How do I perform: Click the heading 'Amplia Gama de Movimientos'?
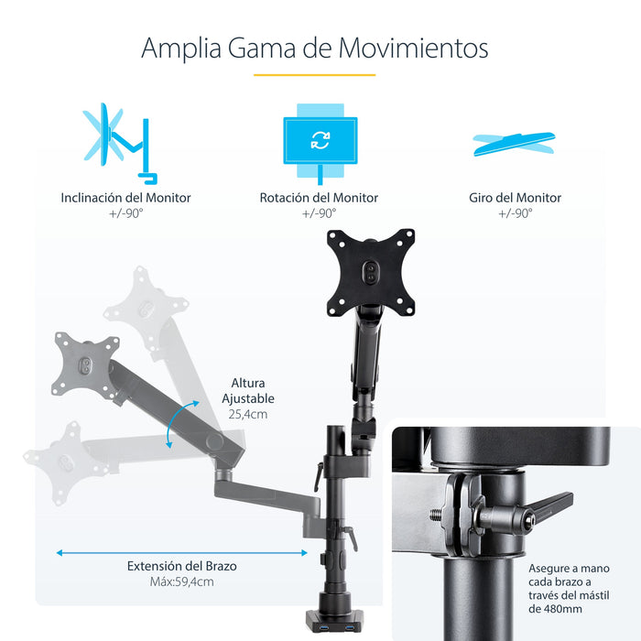[x=314, y=48]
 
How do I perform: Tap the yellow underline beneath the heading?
[x=314, y=75]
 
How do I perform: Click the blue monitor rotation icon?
[x=320, y=140]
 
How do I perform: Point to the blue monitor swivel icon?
[x=515, y=142]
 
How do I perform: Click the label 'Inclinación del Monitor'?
[x=126, y=198]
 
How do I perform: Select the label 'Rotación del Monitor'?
[x=319, y=198]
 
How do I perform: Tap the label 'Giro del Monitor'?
[x=516, y=198]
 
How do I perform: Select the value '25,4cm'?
[x=248, y=414]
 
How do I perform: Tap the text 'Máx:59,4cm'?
[x=181, y=582]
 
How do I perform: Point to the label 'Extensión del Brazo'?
[x=181, y=566]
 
